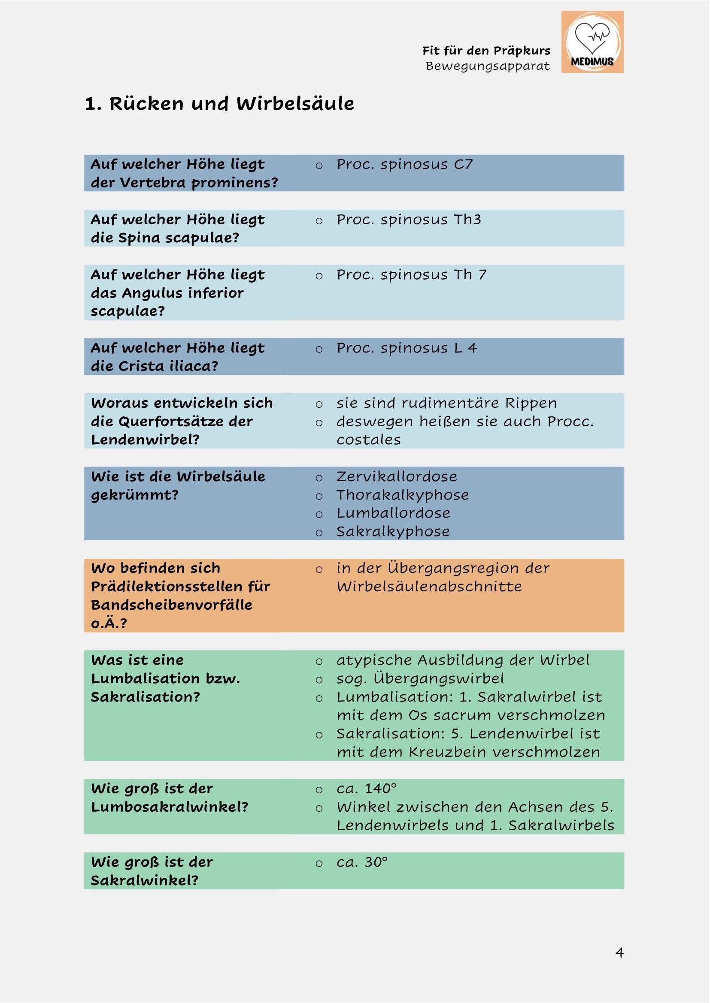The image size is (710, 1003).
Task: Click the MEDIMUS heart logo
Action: [592, 42]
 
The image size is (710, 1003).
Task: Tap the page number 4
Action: [619, 952]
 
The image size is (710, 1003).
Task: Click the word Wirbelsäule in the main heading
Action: [295, 104]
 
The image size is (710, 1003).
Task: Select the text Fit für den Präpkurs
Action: [486, 51]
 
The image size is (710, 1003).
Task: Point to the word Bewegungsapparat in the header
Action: [488, 66]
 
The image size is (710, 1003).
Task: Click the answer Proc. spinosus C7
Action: [404, 165]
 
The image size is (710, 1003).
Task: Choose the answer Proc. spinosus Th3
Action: [408, 220]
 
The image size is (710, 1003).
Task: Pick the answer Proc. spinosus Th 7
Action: [411, 275]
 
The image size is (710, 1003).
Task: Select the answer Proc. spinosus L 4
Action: [406, 348]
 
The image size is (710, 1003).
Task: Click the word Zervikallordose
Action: [397, 476]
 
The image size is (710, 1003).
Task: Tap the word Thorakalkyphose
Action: [402, 495]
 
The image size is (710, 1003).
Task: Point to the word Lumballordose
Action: [393, 513]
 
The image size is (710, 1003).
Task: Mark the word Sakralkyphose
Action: [393, 532]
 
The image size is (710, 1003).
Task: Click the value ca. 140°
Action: [366, 789]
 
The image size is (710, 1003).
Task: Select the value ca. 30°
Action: [362, 862]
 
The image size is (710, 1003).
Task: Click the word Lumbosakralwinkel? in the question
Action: [170, 807]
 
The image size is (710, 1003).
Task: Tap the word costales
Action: [369, 440]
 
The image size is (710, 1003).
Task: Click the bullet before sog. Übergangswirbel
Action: [319, 680]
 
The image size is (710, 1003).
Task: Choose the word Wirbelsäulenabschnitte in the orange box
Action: [429, 587]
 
